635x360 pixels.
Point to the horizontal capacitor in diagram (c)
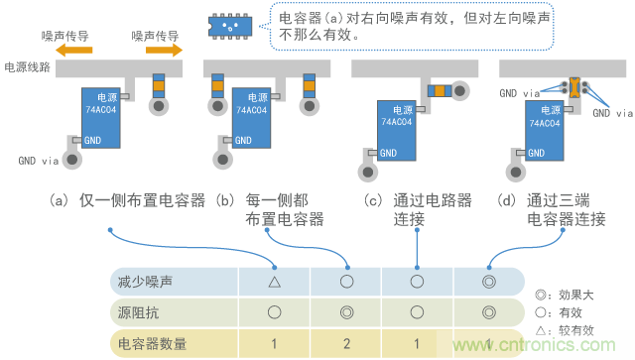440,90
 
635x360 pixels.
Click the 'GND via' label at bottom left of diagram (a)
39,160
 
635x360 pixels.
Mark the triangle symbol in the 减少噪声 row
274,282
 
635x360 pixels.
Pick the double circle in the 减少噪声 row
488,282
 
